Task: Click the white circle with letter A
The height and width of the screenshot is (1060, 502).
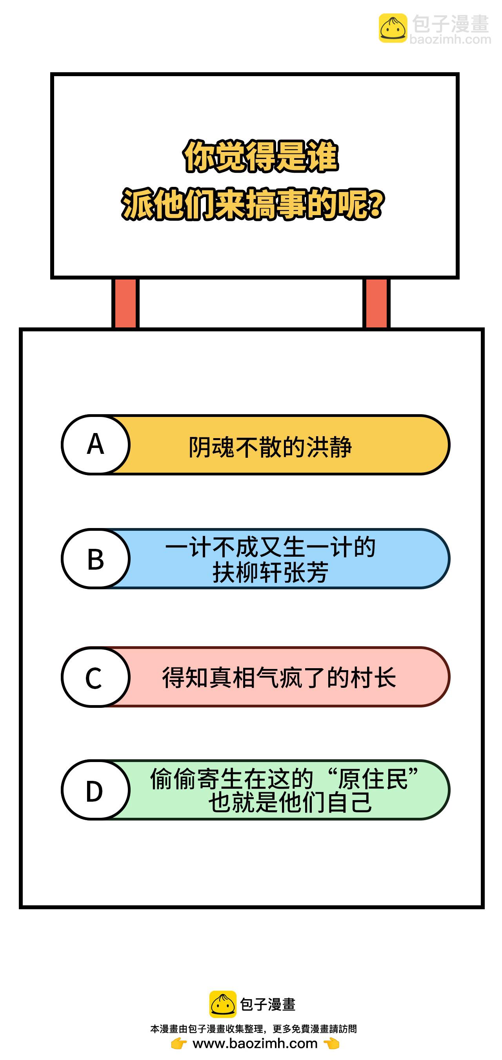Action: click(x=95, y=444)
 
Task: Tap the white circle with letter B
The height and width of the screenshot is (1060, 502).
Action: click(x=95, y=558)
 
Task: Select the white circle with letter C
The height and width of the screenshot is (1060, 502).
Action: click(x=95, y=677)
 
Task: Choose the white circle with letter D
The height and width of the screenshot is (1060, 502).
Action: click(x=95, y=790)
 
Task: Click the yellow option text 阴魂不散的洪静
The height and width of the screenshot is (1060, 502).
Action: click(x=270, y=447)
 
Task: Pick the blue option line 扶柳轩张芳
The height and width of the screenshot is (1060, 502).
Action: click(x=270, y=572)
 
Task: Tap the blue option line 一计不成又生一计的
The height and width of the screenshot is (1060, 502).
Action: click(x=270, y=547)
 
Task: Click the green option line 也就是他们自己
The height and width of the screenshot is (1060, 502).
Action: click(x=290, y=802)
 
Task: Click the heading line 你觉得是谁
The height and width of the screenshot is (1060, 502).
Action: click(x=261, y=156)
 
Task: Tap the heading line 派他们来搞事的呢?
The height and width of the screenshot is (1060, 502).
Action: click(x=253, y=204)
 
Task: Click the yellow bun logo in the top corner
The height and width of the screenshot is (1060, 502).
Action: click(x=393, y=28)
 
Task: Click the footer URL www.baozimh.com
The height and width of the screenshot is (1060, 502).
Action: click(x=255, y=1044)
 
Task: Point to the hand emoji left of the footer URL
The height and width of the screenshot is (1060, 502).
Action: click(x=179, y=1044)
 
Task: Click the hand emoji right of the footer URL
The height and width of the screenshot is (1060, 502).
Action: click(x=331, y=1044)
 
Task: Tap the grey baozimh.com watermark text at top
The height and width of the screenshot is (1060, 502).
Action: click(x=451, y=40)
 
